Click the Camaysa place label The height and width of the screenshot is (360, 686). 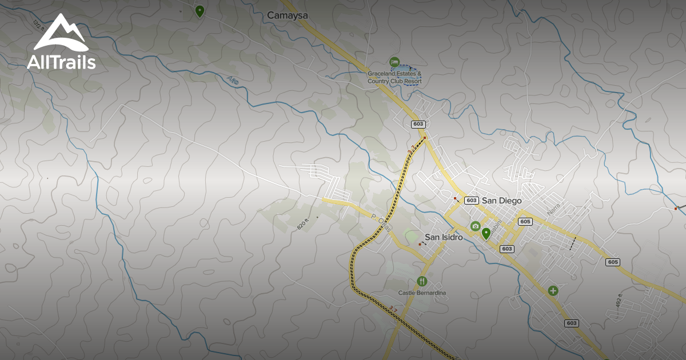[x=288, y=16]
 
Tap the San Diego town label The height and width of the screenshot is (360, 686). [x=502, y=201]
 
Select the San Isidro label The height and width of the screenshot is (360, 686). [x=444, y=237]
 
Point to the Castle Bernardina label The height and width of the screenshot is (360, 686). [x=422, y=293]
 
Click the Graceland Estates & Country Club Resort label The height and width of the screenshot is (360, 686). [x=394, y=78]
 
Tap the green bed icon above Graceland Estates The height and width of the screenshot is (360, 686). [x=394, y=62]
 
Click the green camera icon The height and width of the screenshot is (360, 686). [x=475, y=226]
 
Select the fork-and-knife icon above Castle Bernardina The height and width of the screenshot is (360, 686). [x=422, y=281]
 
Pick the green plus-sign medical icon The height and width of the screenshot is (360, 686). [x=553, y=291]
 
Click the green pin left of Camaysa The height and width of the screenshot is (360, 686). [x=200, y=11]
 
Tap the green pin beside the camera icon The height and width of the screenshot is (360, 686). [x=486, y=233]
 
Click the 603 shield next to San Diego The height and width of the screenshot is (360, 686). [x=472, y=201]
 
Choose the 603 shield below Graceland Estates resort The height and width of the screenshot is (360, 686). [x=418, y=124]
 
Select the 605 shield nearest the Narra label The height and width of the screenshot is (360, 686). [x=525, y=221]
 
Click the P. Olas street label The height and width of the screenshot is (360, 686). [x=380, y=223]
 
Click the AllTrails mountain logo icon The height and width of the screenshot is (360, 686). [x=61, y=34]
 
